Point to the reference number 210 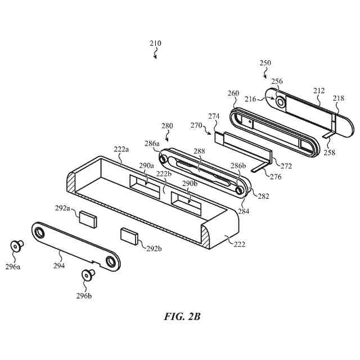coord(155,43)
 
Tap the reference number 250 coord(265,64)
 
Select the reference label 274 coord(214,116)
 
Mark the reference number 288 coord(199,152)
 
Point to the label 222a coord(121,149)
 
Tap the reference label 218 coord(339,98)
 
